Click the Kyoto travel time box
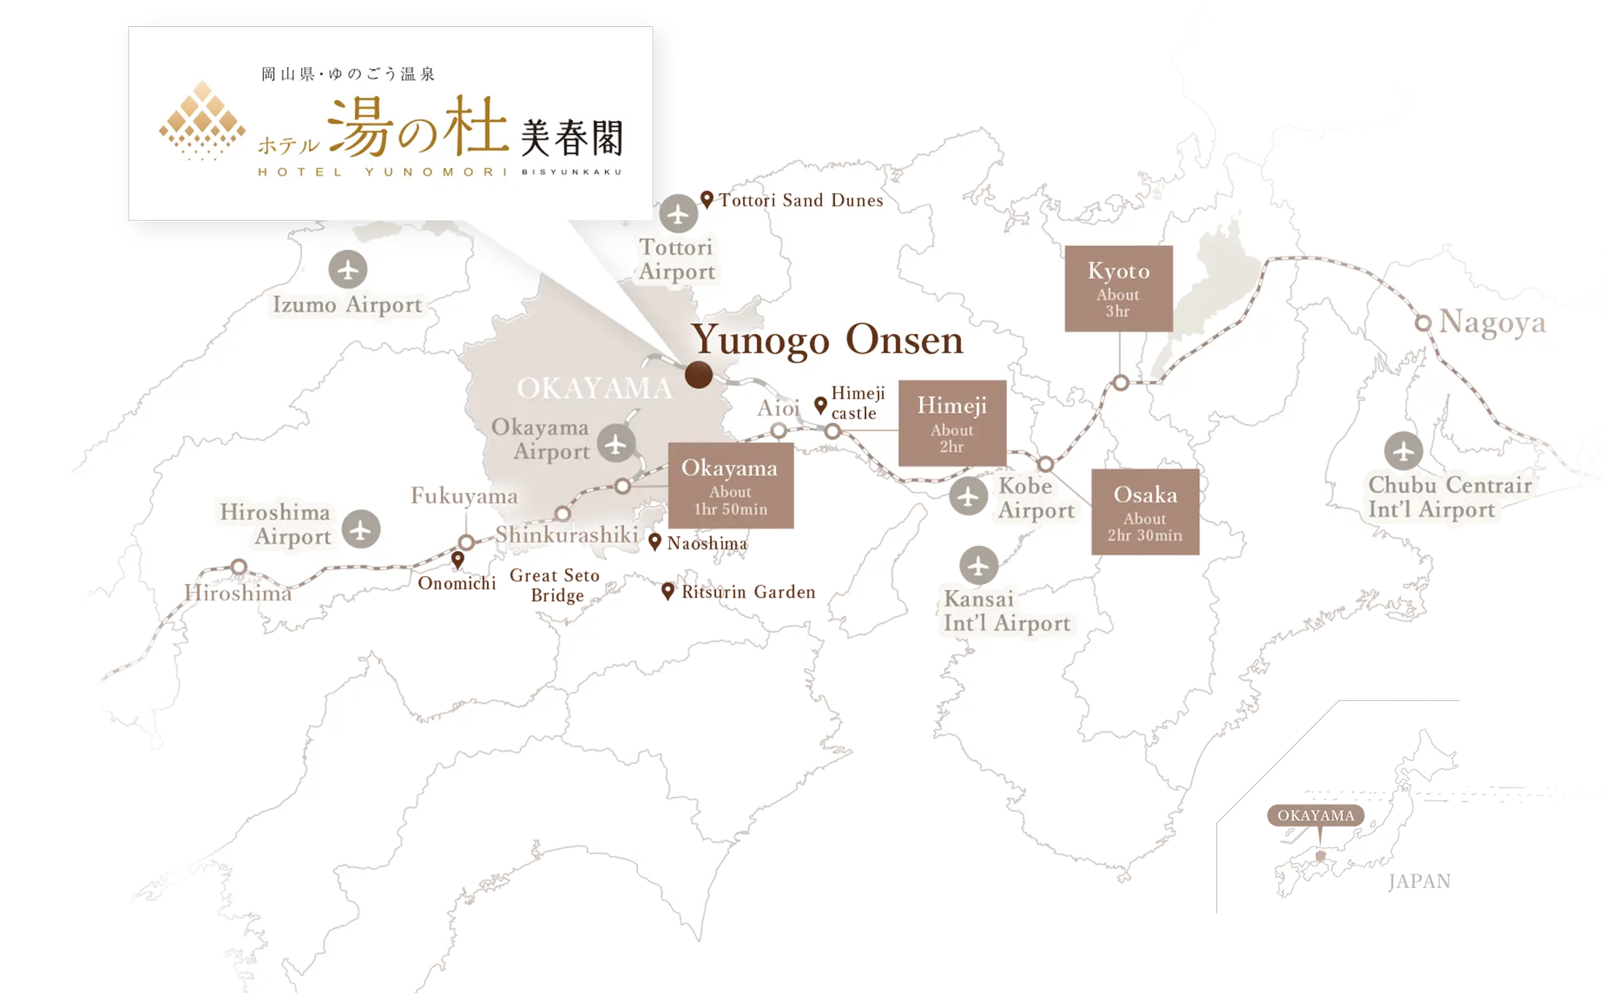(1118, 289)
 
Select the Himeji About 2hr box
(952, 423)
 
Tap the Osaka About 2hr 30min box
(1145, 512)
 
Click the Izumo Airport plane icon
(348, 270)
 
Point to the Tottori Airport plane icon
(678, 214)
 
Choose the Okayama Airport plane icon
(616, 443)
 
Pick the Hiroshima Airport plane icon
(361, 529)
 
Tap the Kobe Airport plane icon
(968, 498)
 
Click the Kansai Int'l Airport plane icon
(978, 566)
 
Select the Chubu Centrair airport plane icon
(1403, 452)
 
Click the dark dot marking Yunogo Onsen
(699, 375)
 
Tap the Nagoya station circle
(1423, 322)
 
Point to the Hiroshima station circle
(238, 566)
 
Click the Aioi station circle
(779, 431)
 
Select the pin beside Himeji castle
(820, 405)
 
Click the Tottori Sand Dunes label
(801, 200)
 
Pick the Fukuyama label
(464, 496)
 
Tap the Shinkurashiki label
(567, 534)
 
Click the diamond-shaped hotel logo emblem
(202, 120)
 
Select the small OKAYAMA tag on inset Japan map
(1315, 815)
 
